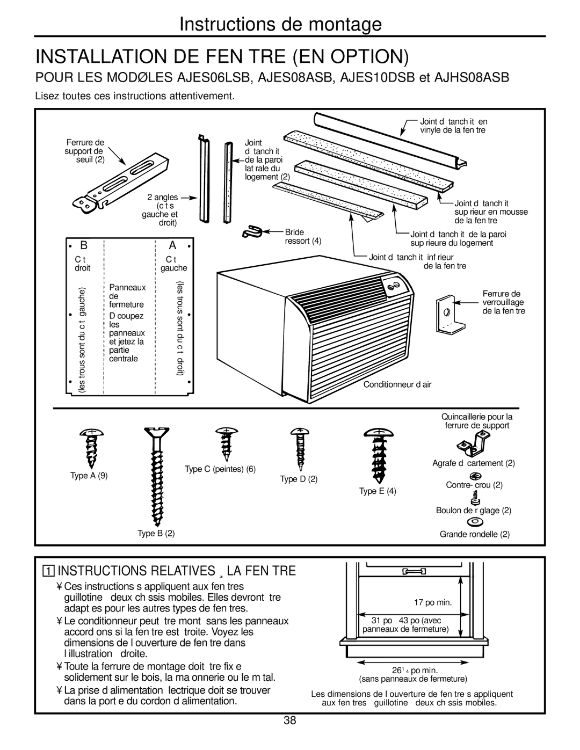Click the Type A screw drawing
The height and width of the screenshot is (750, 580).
click(90, 448)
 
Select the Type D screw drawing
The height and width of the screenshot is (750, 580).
click(299, 448)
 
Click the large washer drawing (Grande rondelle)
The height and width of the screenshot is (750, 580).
click(475, 521)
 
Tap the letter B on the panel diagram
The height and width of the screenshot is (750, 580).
click(84, 245)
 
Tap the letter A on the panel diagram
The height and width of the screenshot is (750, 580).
click(172, 245)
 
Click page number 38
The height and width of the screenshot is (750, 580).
click(290, 720)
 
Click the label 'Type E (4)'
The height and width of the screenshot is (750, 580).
click(378, 491)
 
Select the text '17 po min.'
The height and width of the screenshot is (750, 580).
click(436, 602)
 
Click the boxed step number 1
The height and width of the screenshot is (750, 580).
click(49, 571)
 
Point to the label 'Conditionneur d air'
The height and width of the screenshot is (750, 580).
click(397, 384)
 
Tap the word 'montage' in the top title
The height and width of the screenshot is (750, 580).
click(340, 24)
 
